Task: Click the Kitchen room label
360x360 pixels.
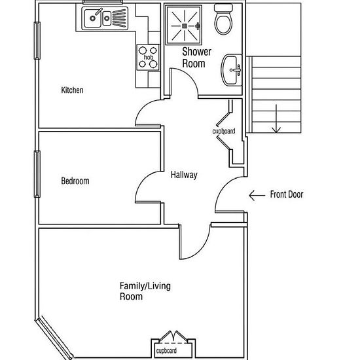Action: click(72, 90)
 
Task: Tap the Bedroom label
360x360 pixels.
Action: click(75, 181)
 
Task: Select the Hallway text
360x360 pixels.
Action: click(184, 175)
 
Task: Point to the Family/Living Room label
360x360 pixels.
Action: click(145, 291)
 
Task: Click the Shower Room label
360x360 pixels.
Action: click(196, 58)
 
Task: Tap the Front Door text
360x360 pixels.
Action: click(287, 194)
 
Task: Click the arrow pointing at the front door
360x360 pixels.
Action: click(257, 196)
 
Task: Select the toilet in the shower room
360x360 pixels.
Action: click(223, 19)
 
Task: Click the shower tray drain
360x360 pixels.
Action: click(185, 26)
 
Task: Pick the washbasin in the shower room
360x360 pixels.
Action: click(232, 70)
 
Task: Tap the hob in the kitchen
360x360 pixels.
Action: click(148, 57)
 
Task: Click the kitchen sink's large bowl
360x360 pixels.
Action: click(93, 18)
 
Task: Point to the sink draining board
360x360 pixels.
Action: click(119, 18)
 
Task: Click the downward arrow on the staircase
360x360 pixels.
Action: click(276, 118)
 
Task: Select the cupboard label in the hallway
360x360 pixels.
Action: click(224, 132)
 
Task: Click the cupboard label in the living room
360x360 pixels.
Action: click(166, 351)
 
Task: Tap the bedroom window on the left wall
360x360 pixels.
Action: click(37, 174)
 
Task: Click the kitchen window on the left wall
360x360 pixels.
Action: click(37, 41)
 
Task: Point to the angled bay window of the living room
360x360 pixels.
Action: click(54, 338)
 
